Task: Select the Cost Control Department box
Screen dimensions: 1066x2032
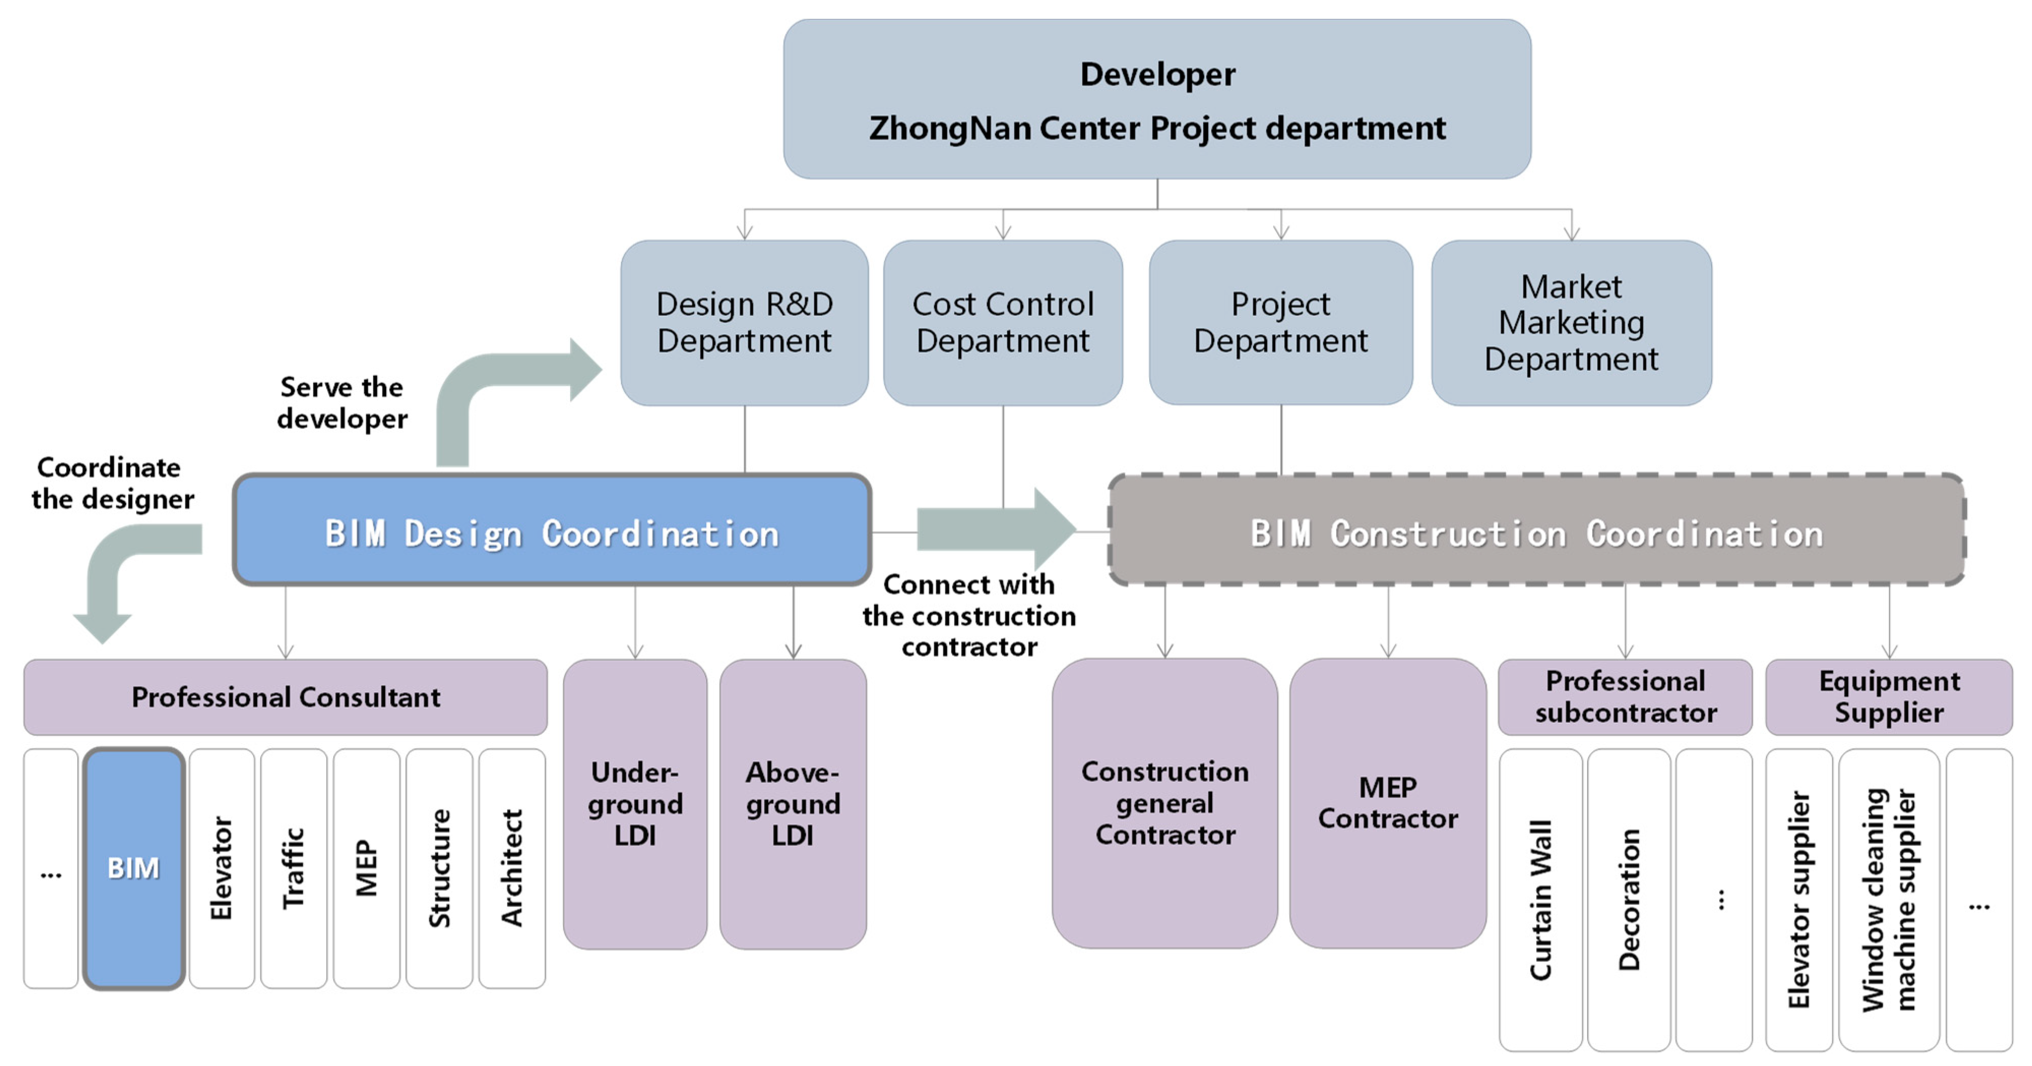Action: pyautogui.click(x=1003, y=322)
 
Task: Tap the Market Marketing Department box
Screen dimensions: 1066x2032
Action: pyautogui.click(x=1571, y=322)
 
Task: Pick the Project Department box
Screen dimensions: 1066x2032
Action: pyautogui.click(x=1280, y=322)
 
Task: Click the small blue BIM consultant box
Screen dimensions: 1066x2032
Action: pyautogui.click(x=133, y=868)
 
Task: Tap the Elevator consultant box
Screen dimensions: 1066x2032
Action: pyautogui.click(x=221, y=868)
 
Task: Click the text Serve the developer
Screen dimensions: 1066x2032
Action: pyautogui.click(x=341, y=403)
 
